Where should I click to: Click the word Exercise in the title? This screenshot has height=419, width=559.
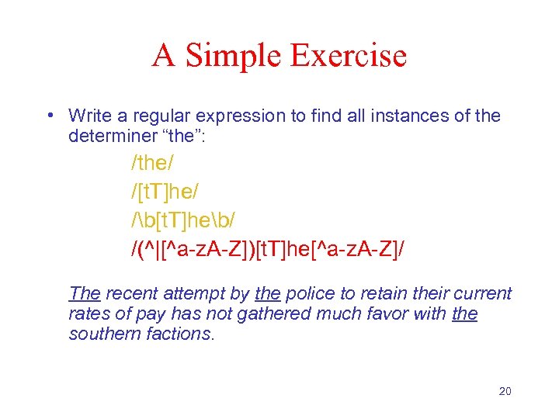[x=349, y=56]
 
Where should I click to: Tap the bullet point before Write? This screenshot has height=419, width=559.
[x=49, y=116]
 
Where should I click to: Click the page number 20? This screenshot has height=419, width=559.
[x=505, y=391]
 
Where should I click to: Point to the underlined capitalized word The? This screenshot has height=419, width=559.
[x=85, y=293]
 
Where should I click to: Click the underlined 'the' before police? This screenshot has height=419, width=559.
[x=267, y=293]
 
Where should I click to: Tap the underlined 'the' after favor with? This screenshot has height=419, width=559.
[x=465, y=313]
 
